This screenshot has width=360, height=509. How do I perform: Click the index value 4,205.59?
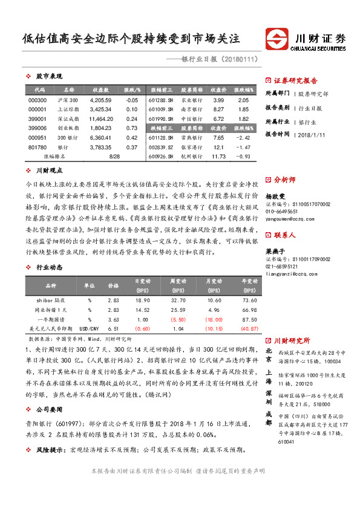pyautogui.click(x=101, y=100)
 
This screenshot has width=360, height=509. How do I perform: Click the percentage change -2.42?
pyautogui.click(x=243, y=138)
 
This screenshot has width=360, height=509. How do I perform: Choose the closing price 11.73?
pyautogui.click(x=218, y=157)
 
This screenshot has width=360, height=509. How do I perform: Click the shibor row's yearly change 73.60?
pyautogui.click(x=249, y=300)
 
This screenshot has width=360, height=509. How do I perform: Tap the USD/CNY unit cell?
pyautogui.click(x=90, y=328)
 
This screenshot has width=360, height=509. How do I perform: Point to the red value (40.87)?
pyautogui.click(x=249, y=328)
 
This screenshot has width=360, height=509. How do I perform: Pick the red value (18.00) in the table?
pyautogui.click(x=214, y=319)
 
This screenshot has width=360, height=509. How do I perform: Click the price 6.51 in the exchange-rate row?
pyautogui.click(x=113, y=328)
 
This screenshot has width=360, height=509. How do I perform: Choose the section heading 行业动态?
pyautogui.click(x=50, y=266)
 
